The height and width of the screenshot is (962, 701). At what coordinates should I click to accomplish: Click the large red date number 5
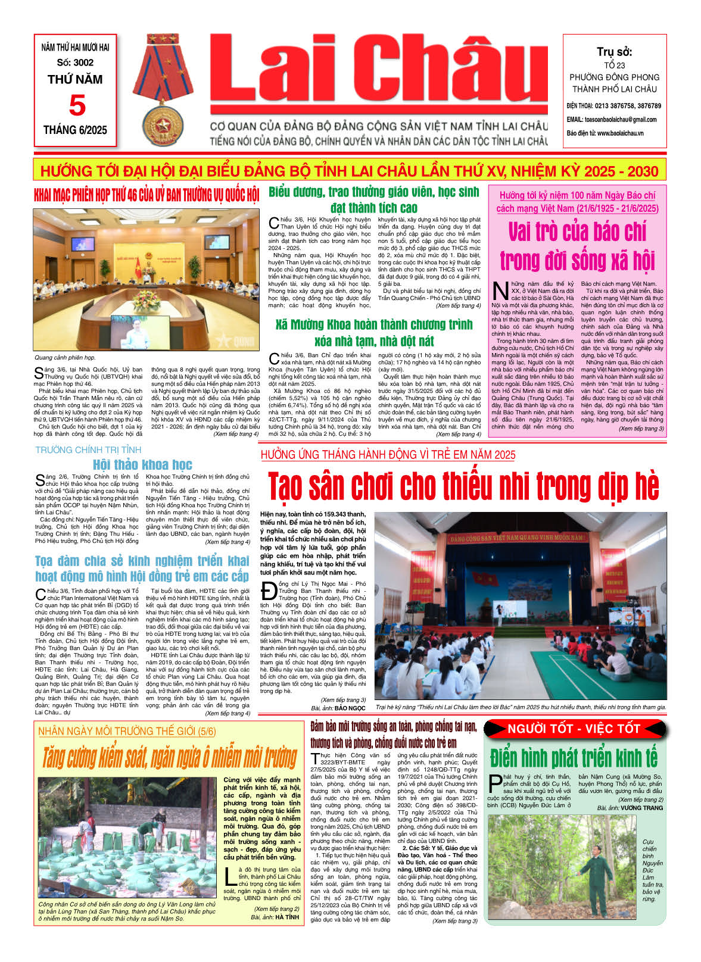77,105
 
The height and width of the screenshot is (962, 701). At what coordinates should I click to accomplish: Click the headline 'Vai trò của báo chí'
577,232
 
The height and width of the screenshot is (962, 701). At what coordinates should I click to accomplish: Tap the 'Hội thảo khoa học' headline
142,465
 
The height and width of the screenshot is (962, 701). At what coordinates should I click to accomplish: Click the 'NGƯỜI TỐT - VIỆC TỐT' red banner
573,729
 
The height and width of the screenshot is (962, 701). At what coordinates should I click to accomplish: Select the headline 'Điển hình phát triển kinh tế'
574,758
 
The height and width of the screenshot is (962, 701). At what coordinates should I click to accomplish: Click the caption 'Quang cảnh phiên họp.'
65,358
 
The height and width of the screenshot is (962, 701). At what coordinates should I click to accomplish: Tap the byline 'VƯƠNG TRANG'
641,808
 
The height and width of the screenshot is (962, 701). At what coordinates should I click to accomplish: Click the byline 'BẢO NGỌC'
350,708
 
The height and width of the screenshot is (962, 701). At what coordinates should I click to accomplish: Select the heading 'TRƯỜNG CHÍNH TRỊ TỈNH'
88,450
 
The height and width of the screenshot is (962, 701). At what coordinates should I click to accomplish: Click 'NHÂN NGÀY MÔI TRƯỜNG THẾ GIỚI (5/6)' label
127,732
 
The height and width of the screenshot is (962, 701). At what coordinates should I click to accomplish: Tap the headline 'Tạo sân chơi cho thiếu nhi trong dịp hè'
463,486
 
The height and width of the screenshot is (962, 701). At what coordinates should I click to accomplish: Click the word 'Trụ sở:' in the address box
615,52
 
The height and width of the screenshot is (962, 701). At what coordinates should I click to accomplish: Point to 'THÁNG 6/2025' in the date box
75,130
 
